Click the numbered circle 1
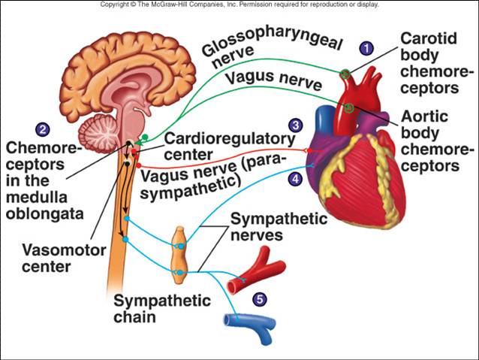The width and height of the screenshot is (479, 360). click(x=366, y=48)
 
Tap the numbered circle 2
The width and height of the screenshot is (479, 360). click(x=43, y=129)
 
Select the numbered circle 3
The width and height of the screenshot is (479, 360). click(x=295, y=125)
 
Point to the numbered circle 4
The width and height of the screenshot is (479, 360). click(x=295, y=179)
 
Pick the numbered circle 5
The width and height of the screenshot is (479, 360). click(x=260, y=299)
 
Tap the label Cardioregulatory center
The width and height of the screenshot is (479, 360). click(x=230, y=147)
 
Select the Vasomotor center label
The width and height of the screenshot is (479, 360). click(x=64, y=259)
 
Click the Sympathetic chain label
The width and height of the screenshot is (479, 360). click(x=162, y=309)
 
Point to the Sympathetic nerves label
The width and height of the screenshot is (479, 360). click(x=279, y=227)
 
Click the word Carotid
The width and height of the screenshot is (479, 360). click(x=429, y=38)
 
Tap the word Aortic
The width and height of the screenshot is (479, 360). click(x=424, y=116)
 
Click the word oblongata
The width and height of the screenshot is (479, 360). click(x=44, y=213)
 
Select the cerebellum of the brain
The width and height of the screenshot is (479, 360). click(x=97, y=133)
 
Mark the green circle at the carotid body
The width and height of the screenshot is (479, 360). click(x=345, y=74)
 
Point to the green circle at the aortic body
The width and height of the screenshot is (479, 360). click(x=349, y=107)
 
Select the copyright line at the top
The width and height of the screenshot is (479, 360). click(x=239, y=5)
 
